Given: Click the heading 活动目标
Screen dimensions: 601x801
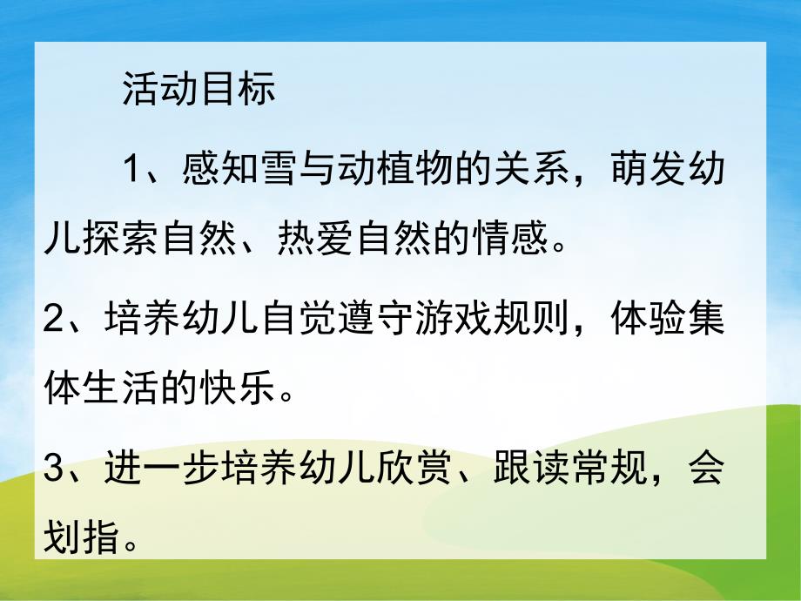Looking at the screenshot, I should tap(199, 91).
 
